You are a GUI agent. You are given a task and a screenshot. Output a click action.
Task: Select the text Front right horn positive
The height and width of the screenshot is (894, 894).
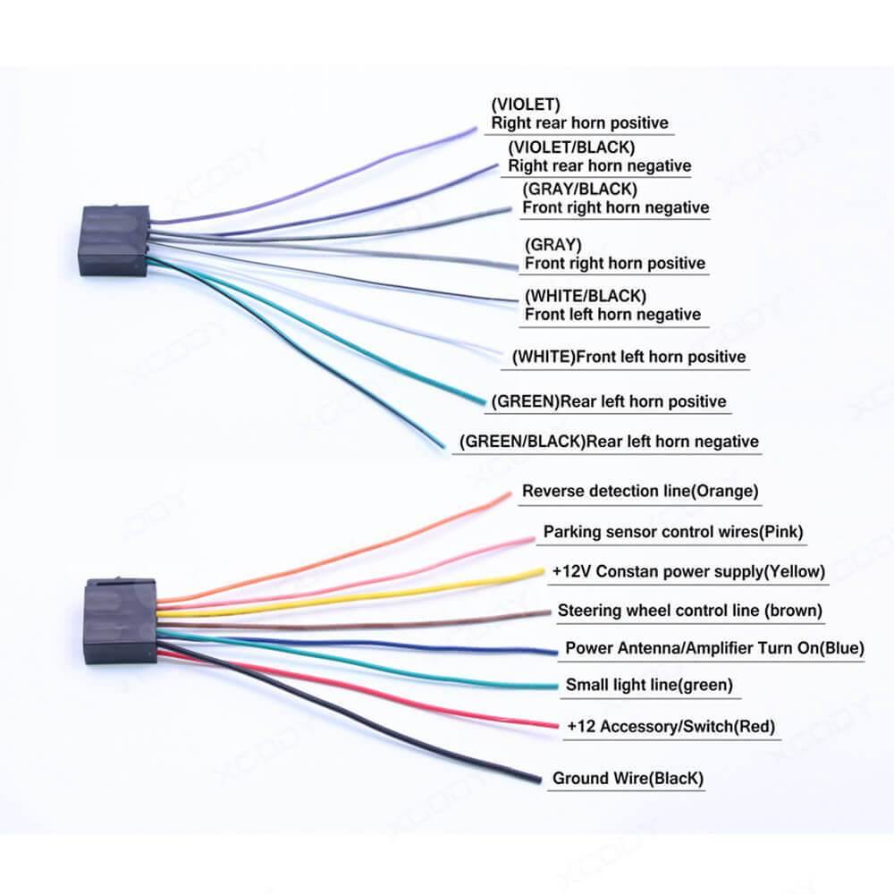click(614, 263)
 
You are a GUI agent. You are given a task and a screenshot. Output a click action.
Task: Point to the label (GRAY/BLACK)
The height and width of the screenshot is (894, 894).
click(579, 190)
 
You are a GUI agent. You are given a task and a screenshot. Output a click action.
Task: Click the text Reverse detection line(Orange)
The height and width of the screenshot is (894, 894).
click(640, 491)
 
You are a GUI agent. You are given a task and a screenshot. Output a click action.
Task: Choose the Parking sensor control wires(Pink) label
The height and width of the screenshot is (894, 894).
click(673, 532)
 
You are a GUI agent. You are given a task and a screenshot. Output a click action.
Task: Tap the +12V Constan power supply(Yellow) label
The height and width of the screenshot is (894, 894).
click(688, 570)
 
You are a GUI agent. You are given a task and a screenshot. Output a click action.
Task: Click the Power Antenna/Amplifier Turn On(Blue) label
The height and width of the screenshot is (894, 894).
click(714, 648)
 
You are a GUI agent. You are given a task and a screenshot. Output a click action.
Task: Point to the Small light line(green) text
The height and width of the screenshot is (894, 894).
click(649, 686)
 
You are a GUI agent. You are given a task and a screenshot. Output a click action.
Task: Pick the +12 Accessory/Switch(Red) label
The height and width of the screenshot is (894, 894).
click(670, 726)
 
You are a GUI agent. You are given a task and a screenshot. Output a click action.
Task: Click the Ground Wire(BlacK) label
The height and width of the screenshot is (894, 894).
click(628, 779)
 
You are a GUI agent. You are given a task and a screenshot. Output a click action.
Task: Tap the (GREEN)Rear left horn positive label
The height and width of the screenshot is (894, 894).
click(608, 401)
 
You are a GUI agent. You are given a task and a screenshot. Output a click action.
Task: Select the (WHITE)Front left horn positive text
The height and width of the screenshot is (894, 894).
click(628, 357)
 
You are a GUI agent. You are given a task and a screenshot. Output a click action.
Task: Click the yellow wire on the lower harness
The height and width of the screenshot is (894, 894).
click(358, 595)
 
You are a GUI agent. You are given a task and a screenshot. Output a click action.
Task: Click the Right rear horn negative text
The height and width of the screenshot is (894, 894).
click(599, 165)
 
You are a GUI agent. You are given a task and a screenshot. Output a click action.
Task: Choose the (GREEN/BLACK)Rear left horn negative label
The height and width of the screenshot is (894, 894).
click(608, 441)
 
